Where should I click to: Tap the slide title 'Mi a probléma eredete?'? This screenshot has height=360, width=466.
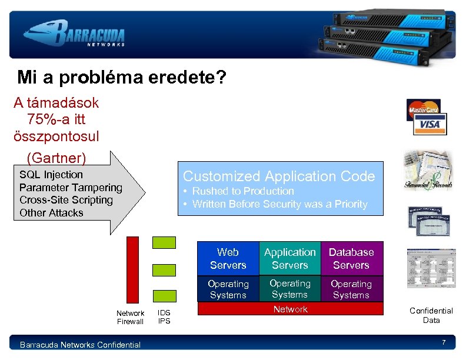122,78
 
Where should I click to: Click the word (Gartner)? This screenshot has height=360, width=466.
56,158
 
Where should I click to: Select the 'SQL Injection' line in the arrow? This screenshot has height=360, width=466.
51,175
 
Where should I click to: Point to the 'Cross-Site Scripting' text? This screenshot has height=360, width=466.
66,200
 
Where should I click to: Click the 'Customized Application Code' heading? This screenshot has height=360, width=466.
279,176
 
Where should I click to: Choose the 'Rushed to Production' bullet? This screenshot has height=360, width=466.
242,191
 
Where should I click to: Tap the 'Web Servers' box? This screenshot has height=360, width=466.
228,258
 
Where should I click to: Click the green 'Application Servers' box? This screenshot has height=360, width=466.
290,258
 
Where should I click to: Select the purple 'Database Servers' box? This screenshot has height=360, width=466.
351,258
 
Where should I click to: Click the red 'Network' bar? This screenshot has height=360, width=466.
290,309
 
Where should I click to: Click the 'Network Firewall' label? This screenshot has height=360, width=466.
130,318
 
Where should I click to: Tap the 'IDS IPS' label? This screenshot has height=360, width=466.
164,318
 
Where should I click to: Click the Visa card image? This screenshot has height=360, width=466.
430,124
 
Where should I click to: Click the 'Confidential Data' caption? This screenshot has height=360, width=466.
431,315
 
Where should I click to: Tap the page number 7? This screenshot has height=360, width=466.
443,343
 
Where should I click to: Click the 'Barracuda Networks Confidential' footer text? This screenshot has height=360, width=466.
80,345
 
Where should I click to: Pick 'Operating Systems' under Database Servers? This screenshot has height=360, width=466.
351,289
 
